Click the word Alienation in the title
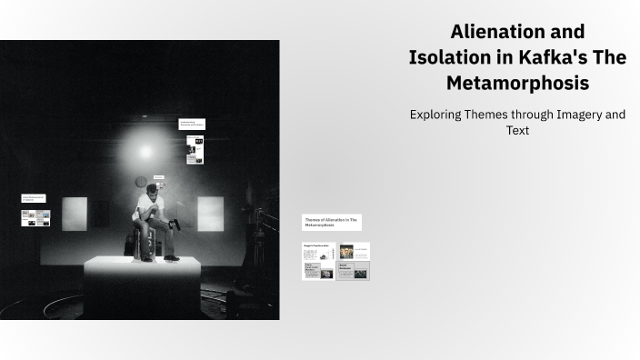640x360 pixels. (494, 32)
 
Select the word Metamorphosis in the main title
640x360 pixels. (517, 83)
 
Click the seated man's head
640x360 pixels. (153, 191)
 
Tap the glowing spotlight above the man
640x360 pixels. (141, 148)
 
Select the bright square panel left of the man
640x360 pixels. (75, 214)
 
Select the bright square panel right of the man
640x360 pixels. (210, 214)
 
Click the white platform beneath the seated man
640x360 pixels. (141, 282)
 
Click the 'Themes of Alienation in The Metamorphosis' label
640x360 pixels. (331, 222)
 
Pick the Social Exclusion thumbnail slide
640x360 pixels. (353, 271)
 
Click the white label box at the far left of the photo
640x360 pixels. (35, 198)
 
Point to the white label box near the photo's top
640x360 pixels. (192, 124)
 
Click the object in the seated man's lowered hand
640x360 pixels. (175, 223)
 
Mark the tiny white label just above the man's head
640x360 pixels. (159, 177)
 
